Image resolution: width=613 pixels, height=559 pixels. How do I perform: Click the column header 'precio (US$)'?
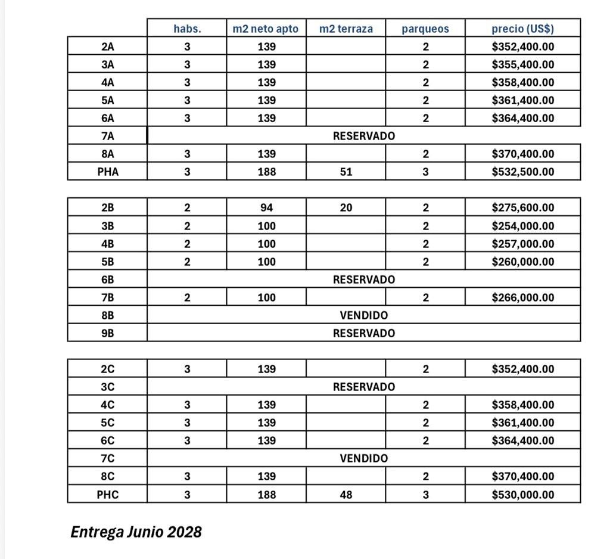[522, 29]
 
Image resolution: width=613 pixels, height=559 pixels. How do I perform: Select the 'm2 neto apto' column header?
[266, 29]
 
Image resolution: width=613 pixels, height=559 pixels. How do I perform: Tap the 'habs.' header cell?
[187, 29]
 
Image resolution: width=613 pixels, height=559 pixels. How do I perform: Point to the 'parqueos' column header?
[425, 29]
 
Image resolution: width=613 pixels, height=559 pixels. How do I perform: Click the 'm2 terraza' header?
[346, 29]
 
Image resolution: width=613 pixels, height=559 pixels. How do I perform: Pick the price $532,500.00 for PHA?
[522, 172]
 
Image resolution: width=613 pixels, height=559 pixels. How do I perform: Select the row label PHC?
[107, 494]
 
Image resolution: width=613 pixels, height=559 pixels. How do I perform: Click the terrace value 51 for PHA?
[346, 172]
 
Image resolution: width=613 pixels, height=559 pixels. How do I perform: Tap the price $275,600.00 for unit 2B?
[522, 208]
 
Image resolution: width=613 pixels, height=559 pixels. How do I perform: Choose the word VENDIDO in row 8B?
[363, 315]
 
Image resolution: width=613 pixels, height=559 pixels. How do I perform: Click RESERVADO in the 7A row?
[363, 136]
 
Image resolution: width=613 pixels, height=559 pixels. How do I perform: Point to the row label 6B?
[107, 279]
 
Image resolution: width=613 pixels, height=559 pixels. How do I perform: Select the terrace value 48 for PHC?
[346, 494]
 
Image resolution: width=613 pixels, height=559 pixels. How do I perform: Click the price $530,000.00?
[522, 494]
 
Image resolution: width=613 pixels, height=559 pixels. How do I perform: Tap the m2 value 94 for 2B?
[266, 208]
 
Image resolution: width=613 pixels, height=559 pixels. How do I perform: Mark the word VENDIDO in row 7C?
[363, 458]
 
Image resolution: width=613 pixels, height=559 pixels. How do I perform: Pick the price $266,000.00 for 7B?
[522, 297]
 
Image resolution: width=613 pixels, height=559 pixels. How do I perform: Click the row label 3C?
[107, 387]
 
